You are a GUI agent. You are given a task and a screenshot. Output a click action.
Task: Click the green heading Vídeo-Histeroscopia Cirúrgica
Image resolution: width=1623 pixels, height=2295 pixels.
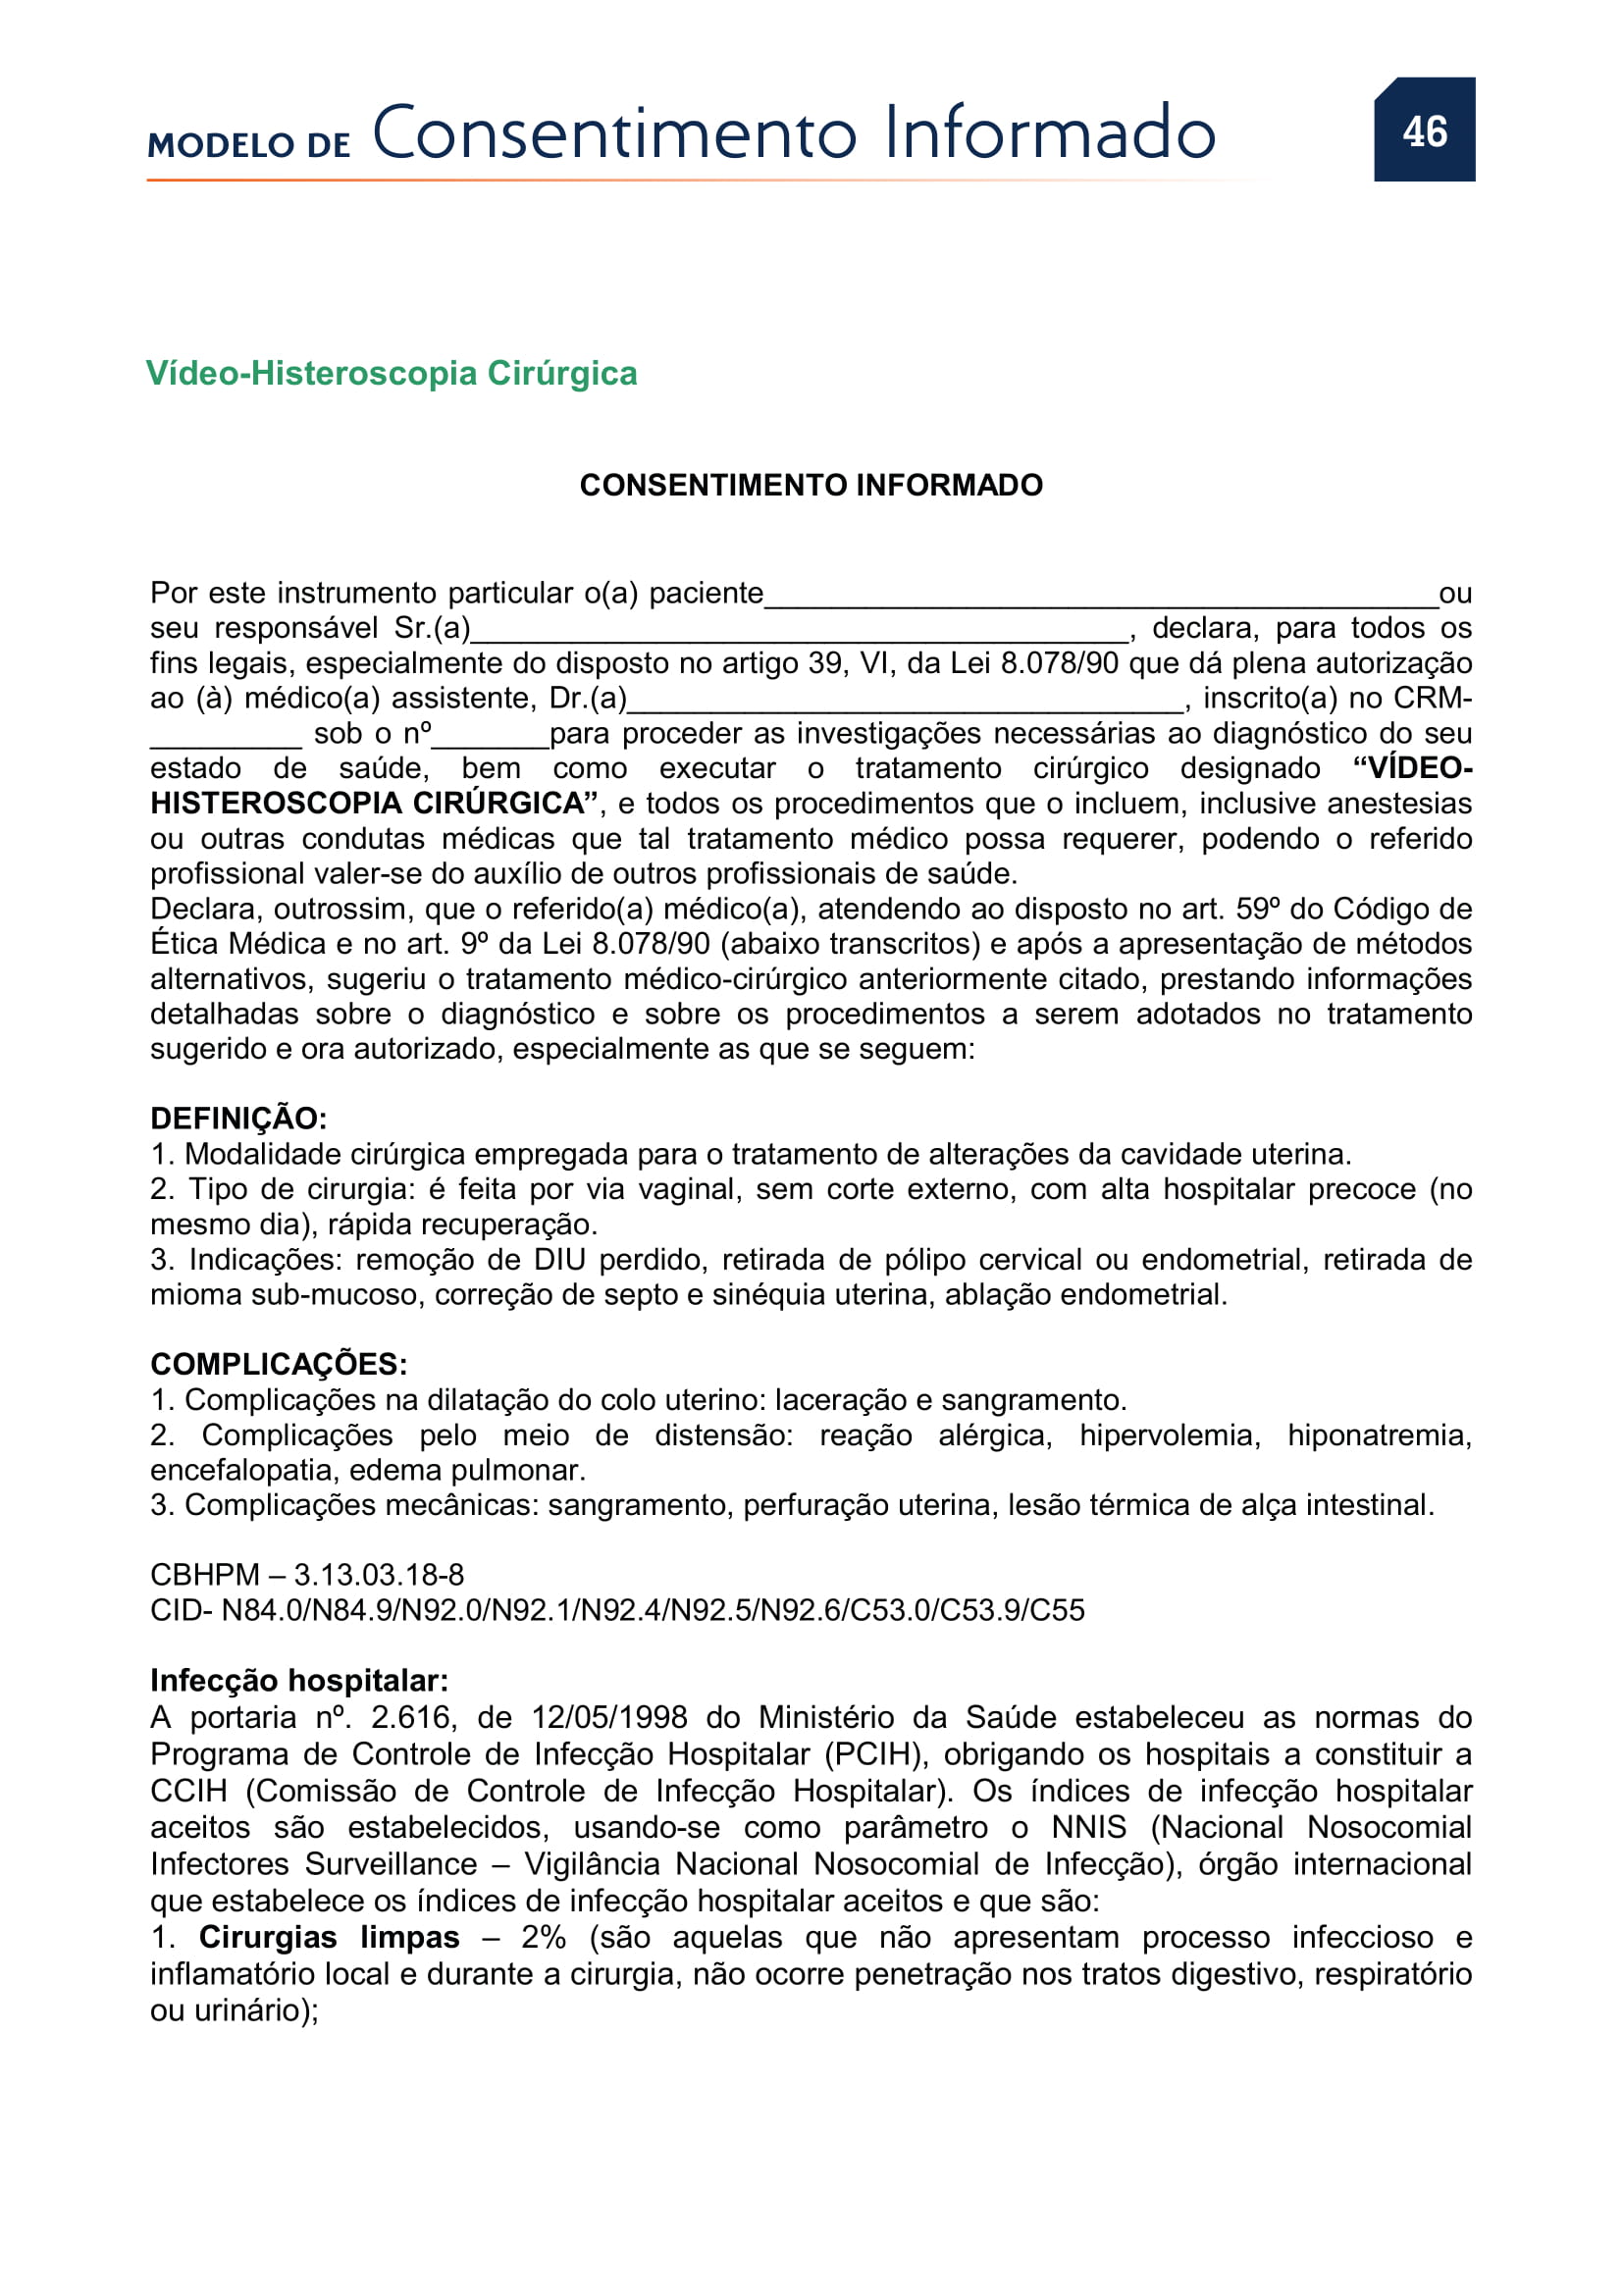[391, 373]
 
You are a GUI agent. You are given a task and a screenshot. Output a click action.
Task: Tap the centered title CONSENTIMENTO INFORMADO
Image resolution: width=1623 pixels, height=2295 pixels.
[811, 485]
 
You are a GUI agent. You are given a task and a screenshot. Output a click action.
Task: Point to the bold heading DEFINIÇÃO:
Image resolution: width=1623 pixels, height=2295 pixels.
[237, 1118]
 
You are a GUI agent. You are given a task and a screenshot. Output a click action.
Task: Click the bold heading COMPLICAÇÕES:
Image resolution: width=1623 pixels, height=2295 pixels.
[278, 1364]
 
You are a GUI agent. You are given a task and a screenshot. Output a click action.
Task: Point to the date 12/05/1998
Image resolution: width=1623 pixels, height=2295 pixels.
[608, 1717]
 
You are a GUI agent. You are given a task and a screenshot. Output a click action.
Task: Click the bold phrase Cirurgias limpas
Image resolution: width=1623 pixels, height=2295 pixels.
[329, 1937]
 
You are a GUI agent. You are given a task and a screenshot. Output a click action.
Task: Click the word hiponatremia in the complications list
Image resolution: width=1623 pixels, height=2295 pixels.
[1378, 1435]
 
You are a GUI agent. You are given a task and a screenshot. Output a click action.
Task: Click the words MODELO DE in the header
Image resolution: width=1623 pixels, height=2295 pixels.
[249, 145]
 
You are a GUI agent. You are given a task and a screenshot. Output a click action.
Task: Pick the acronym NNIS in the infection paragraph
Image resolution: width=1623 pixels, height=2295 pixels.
[1088, 1827]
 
